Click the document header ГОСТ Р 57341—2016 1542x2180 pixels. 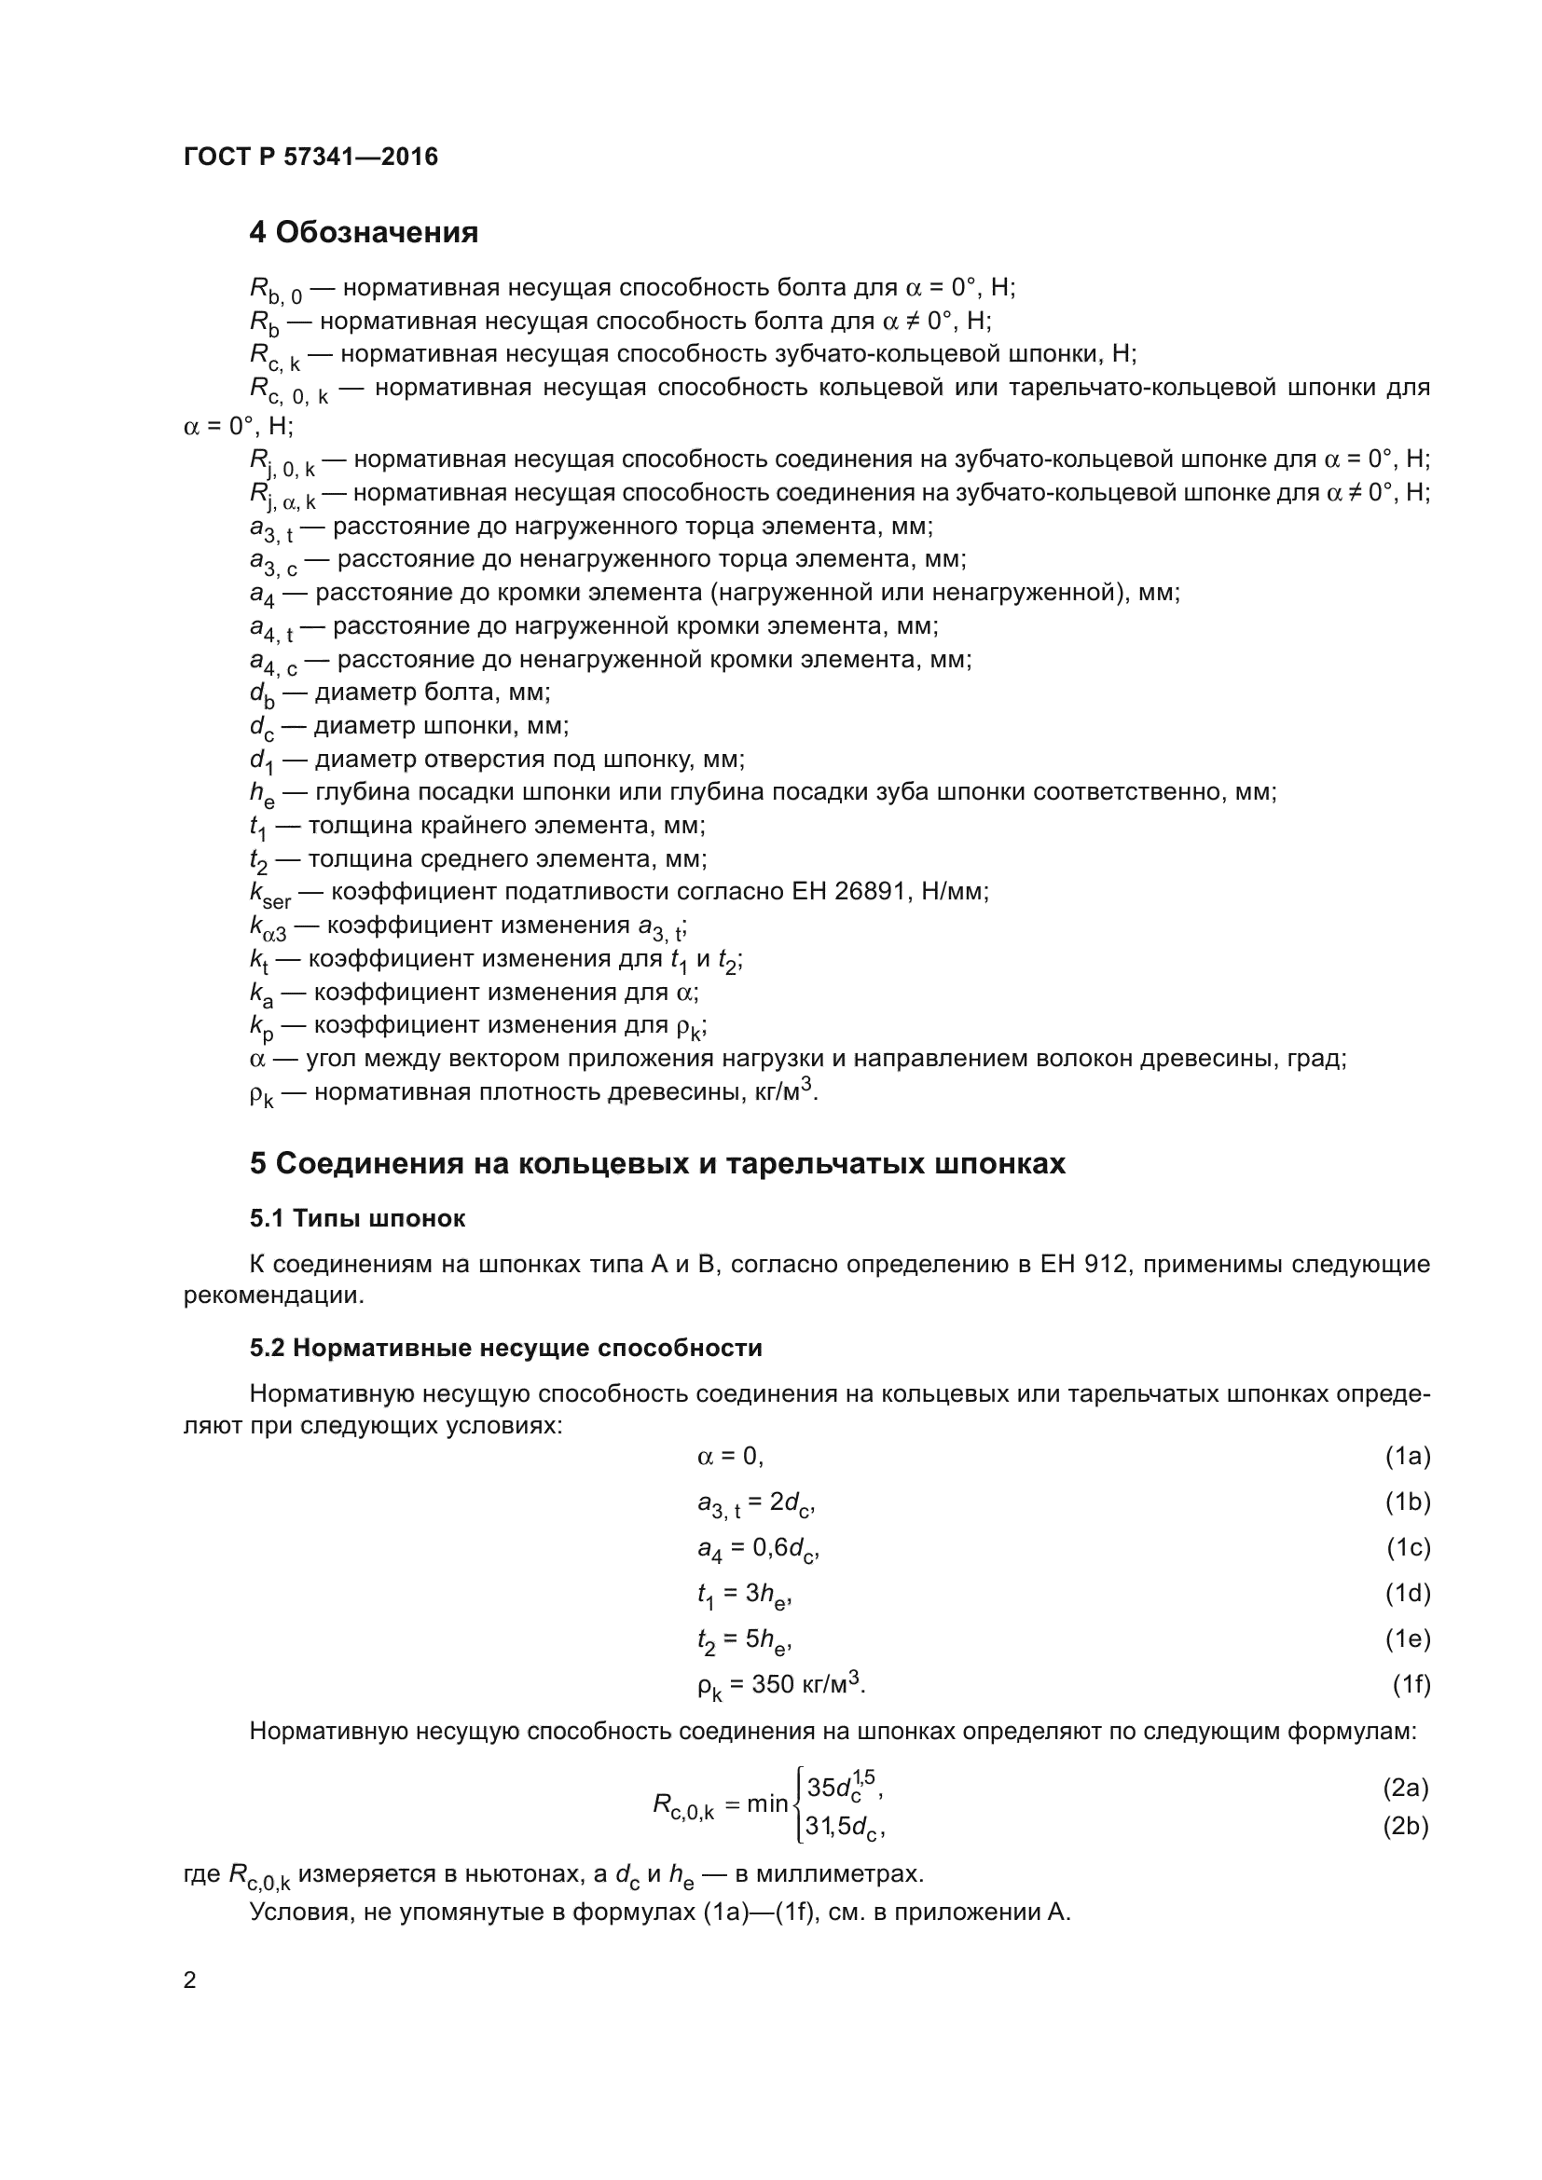coord(310,157)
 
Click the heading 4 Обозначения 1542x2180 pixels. coord(364,232)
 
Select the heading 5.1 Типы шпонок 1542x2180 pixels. coord(357,1218)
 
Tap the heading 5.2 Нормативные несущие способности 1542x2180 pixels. coord(505,1348)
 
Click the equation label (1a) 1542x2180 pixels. coord(1407,1456)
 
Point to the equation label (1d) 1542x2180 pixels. coord(1407,1592)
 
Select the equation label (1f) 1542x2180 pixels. coord(1411,1683)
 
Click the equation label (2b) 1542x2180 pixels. coord(1405,1826)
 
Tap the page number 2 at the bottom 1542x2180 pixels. coord(190,1980)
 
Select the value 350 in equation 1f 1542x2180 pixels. coord(773,1683)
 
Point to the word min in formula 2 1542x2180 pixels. coord(767,1803)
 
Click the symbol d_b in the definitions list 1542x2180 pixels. coord(262,694)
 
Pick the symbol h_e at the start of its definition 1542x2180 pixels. coord(262,794)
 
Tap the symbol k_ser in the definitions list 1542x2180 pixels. coord(269,894)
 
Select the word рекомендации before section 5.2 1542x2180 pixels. coord(272,1296)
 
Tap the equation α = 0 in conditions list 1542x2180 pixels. coord(729,1456)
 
